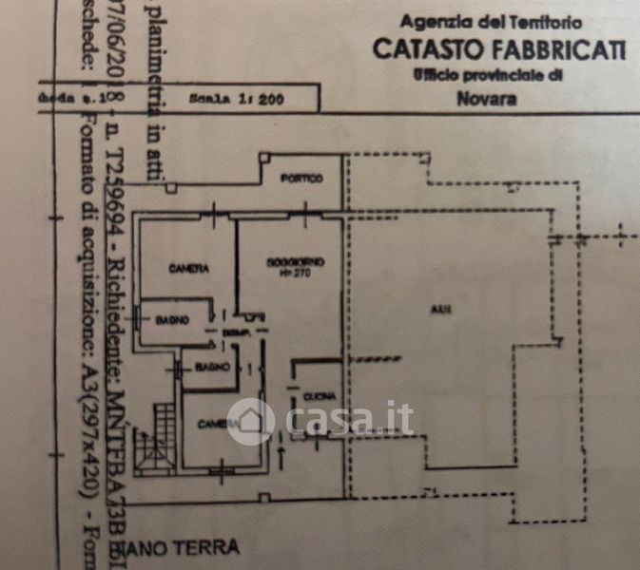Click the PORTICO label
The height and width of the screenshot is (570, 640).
pos(301,179)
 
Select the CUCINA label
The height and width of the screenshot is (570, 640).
pos(315,395)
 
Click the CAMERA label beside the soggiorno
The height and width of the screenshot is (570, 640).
pos(188,269)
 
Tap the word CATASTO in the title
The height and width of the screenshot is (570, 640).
pos(420,48)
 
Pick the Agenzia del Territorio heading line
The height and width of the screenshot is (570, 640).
pos(492,20)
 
